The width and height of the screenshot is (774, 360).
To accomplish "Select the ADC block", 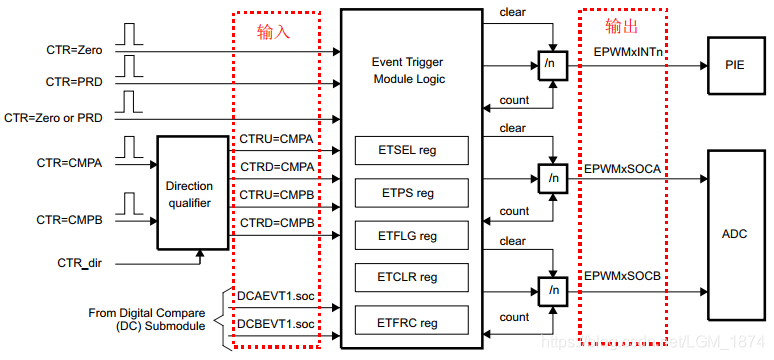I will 735,233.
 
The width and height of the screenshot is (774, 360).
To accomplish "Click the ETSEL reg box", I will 412,150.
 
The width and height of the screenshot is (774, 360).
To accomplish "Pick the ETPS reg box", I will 412,193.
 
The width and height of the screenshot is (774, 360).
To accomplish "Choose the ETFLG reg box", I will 412,235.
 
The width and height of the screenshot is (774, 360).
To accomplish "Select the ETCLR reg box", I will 412,277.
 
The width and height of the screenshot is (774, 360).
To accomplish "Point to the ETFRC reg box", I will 412,321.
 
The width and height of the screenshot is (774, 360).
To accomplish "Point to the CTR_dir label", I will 82,261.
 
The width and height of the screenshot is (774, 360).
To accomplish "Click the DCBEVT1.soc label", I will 276,323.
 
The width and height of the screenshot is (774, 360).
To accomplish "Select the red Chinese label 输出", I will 620,25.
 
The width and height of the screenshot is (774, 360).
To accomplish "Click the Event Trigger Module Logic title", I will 409,70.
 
